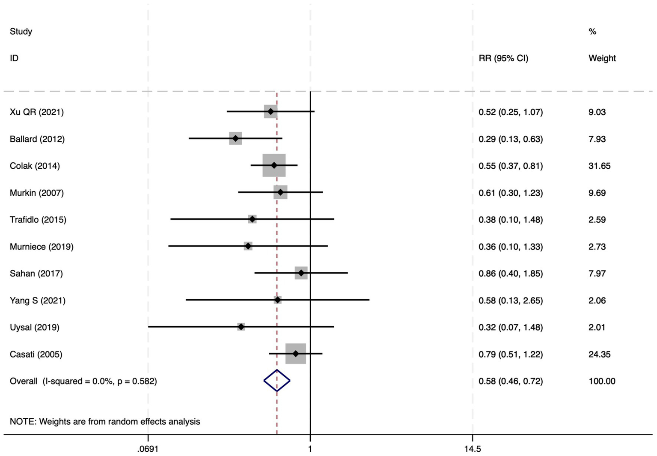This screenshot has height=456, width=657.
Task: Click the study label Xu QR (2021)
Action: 37,112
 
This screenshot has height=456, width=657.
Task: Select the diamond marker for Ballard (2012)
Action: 235,139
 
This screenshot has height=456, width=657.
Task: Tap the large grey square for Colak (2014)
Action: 274,165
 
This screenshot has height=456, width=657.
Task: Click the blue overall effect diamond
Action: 277,381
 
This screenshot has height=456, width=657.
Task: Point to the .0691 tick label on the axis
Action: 148,449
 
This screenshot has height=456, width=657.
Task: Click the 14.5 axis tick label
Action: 473,449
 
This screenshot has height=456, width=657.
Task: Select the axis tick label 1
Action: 310,449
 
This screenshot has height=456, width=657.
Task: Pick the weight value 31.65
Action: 599,166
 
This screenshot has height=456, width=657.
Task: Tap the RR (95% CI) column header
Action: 503,58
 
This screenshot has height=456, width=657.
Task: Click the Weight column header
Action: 602,58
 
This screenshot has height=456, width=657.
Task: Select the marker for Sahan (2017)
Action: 301,273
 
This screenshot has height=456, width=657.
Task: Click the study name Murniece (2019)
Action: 42,247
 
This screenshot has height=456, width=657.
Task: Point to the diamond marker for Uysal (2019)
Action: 241,327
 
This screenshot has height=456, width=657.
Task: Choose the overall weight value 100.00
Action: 602,381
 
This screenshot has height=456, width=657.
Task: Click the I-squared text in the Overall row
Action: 99,381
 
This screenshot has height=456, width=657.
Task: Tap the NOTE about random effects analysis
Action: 105,421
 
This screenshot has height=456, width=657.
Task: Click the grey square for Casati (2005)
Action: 296,354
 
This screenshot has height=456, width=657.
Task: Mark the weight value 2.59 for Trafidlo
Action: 597,220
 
